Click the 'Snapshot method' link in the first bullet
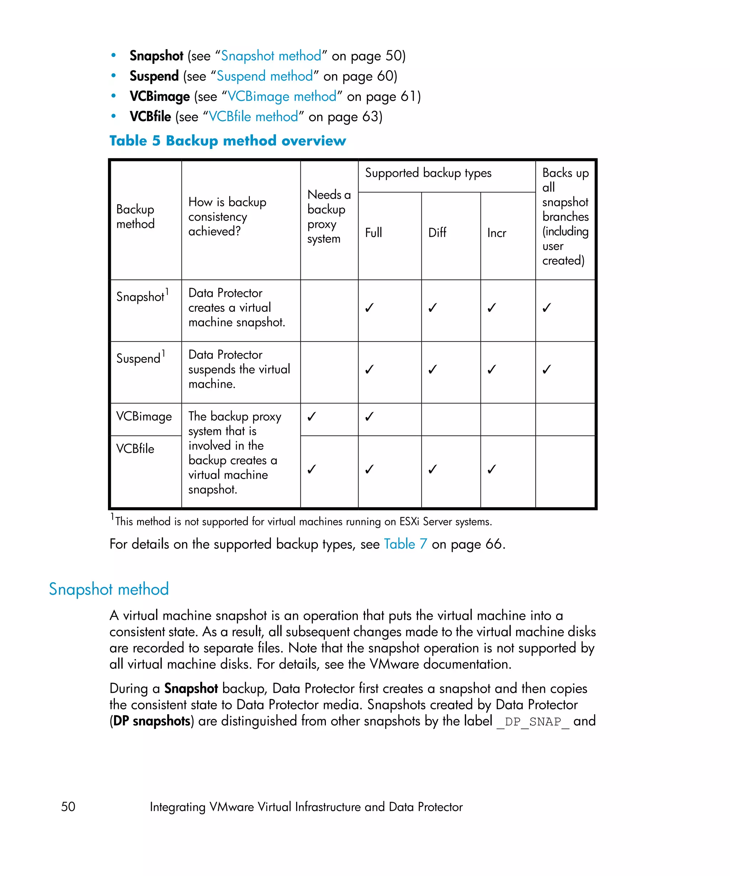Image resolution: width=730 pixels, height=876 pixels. [271, 56]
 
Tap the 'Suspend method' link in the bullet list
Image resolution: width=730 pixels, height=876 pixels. [264, 76]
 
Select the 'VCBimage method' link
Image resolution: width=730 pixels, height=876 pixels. [282, 96]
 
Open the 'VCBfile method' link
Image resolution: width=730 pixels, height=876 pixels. [253, 117]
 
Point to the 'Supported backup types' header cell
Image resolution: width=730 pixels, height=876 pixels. [428, 173]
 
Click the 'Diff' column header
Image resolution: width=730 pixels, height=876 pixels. [437, 233]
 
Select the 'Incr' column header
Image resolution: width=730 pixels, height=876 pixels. [497, 233]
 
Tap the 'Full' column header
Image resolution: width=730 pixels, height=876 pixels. [373, 233]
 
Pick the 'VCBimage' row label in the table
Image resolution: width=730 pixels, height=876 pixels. [144, 417]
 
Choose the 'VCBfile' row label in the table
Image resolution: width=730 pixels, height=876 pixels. [135, 449]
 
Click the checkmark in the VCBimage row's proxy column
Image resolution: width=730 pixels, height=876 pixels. [312, 417]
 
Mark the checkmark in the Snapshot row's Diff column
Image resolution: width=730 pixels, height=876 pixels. [433, 308]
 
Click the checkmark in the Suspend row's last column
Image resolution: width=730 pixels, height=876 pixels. [546, 370]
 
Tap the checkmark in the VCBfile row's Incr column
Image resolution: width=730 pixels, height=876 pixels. [492, 469]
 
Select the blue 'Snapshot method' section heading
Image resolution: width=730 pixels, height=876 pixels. [109, 589]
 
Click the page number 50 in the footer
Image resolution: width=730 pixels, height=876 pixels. [68, 807]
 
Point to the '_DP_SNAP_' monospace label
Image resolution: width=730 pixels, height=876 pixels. [533, 722]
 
